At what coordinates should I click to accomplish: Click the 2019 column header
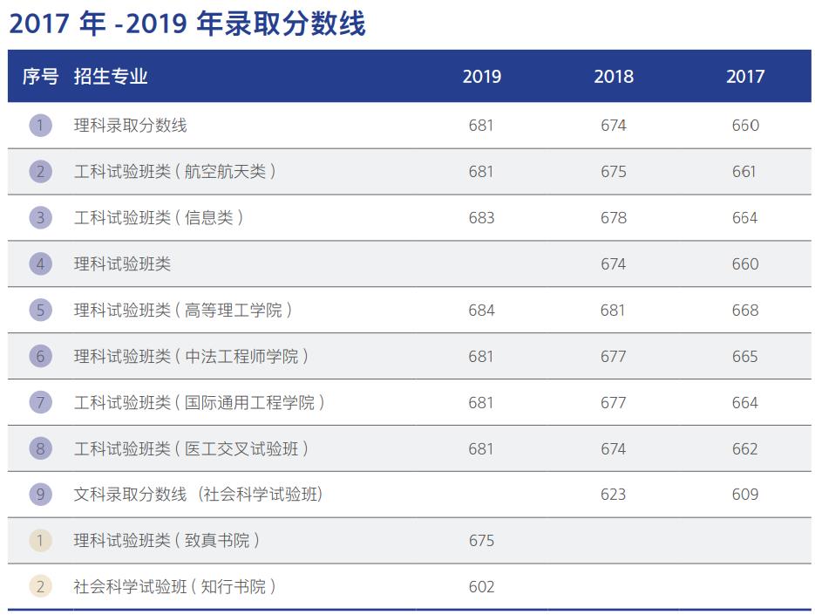[x=481, y=77]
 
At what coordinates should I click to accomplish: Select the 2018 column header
[x=613, y=77]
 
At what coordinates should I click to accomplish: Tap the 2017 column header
[x=744, y=77]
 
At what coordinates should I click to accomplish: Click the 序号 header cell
[x=40, y=77]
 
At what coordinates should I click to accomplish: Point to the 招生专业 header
[x=111, y=77]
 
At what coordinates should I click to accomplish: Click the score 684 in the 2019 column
[x=481, y=310]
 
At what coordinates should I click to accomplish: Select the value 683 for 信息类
[x=481, y=217]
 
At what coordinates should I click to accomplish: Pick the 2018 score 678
[x=613, y=217]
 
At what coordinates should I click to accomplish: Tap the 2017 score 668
[x=744, y=310]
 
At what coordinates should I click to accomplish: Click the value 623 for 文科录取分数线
[x=613, y=495]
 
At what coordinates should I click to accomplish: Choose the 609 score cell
[x=744, y=495]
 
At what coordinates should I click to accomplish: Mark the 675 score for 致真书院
[x=481, y=541]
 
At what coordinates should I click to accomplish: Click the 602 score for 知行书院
[x=481, y=587]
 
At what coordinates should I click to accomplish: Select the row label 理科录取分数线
[x=131, y=126]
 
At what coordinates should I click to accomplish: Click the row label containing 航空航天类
[x=174, y=172]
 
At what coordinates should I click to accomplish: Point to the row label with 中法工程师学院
[x=191, y=356]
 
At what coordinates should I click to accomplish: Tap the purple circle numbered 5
[x=40, y=310]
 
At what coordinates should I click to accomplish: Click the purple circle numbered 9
[x=40, y=495]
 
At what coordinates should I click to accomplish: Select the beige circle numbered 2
[x=40, y=587]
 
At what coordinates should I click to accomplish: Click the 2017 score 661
[x=744, y=172]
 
